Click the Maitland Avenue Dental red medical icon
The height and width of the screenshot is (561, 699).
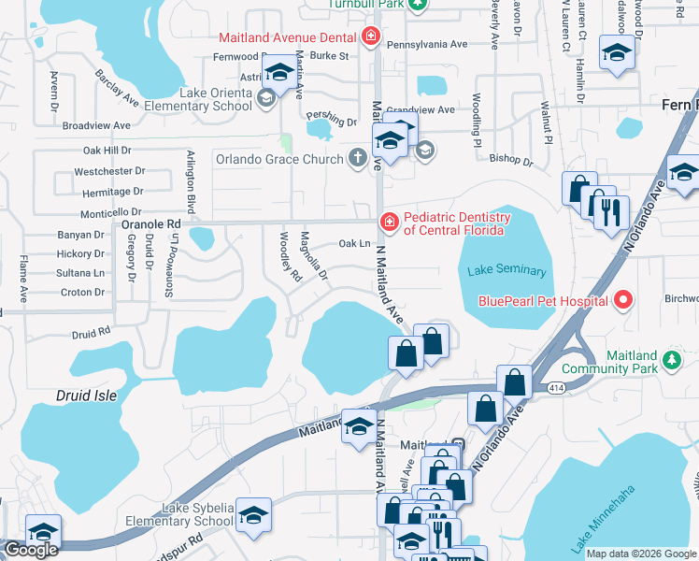click(x=371, y=37)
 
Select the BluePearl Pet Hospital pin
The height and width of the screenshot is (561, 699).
click(x=621, y=300)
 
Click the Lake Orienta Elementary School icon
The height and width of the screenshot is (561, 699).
click(x=266, y=98)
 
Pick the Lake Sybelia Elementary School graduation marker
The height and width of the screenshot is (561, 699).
click(x=251, y=515)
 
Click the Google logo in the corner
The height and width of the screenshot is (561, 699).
click(x=31, y=550)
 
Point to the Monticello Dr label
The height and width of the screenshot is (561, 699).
click(x=111, y=212)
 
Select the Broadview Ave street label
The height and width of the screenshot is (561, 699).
click(x=96, y=125)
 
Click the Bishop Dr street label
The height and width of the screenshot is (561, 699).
click(x=514, y=162)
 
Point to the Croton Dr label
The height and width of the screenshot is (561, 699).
click(x=82, y=293)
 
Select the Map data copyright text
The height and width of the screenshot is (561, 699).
click(x=641, y=554)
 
